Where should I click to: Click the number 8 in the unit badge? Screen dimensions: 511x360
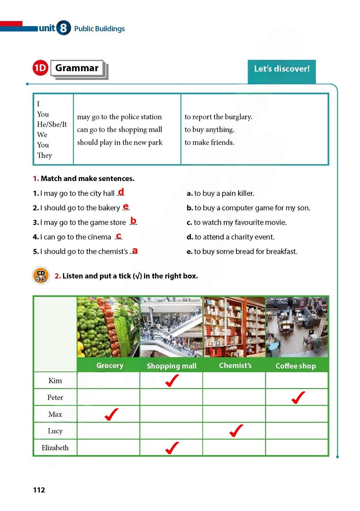[x=63, y=28]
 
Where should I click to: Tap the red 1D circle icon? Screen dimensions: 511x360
[x=40, y=68]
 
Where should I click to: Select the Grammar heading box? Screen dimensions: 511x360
[x=77, y=68]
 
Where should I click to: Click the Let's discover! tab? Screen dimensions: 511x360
[x=282, y=69]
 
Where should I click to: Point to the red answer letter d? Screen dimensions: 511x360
[x=121, y=191]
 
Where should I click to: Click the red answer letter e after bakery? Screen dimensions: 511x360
[x=126, y=206]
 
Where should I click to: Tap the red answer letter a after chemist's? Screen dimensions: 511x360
[x=135, y=250]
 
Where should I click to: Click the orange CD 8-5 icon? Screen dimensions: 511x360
[x=41, y=276]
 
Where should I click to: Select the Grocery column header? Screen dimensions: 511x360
[x=109, y=365]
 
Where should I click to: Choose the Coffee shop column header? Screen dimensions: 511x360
[x=296, y=366]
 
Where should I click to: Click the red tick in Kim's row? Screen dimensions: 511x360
[x=171, y=380]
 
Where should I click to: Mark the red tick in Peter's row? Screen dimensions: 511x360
[x=298, y=397]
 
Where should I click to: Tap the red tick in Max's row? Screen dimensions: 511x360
[x=111, y=414]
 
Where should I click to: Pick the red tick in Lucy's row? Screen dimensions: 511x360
[x=236, y=431]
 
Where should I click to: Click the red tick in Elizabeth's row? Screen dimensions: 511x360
[x=171, y=447]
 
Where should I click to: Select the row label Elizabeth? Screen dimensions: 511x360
[x=55, y=448]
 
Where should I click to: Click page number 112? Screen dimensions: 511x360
[x=39, y=490]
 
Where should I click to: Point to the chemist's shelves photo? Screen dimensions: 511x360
[x=234, y=327]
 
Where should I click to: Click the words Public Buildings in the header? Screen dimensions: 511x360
[x=99, y=28]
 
